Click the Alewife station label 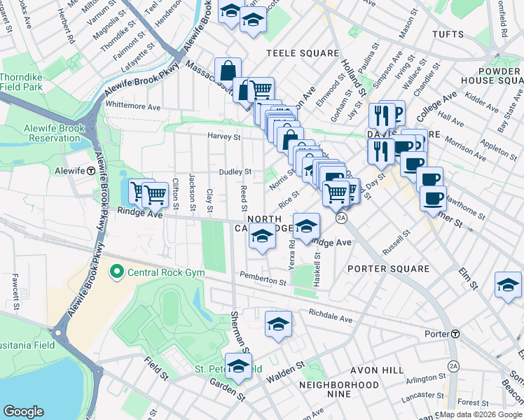point(69,170)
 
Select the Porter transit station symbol point(455,334)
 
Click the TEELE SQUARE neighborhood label point(302,53)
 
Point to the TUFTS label point(448,34)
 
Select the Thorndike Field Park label point(22,82)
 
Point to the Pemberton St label point(263,279)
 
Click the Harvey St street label point(223,136)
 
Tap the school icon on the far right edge point(508,284)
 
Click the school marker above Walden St point(278,324)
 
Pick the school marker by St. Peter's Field point(238,366)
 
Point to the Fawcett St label point(15,291)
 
